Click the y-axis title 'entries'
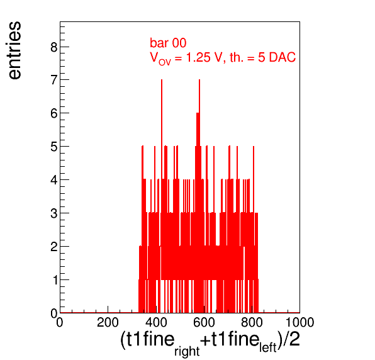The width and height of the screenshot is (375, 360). (15, 50)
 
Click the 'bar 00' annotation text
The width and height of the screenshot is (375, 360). (168, 43)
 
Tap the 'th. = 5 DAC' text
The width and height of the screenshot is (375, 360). (262, 57)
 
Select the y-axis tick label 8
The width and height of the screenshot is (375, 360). (54, 47)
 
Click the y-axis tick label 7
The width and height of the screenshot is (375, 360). (54, 80)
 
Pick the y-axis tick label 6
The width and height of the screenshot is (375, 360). (54, 113)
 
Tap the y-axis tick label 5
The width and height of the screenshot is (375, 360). (54, 147)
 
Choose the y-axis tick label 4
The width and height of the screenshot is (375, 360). (54, 180)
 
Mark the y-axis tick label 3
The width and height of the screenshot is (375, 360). (54, 213)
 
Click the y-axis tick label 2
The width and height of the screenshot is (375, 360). (54, 247)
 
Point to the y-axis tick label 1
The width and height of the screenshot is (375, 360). (55, 280)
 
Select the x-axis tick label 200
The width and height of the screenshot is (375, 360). (108, 322)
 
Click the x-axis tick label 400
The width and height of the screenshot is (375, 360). (156, 322)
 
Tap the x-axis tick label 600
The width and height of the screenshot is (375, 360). (204, 322)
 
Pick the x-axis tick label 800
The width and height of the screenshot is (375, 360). (252, 322)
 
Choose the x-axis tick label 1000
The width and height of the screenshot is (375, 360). (300, 322)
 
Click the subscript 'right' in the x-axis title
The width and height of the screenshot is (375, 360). (187, 351)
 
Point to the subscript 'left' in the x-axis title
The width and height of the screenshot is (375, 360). (268, 347)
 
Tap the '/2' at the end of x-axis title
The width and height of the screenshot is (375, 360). (291, 339)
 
